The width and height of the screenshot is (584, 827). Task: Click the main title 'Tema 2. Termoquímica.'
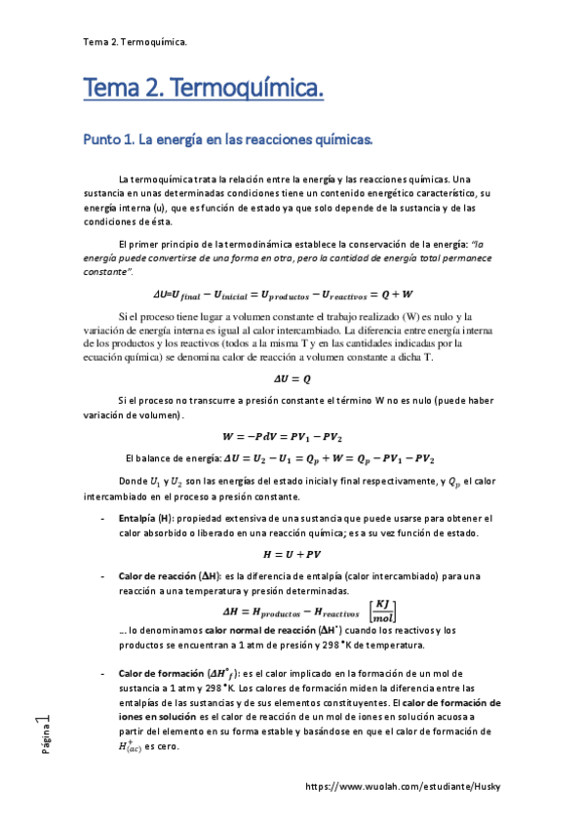click(x=203, y=91)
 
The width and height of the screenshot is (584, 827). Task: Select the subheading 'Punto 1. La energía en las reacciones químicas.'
click(x=228, y=140)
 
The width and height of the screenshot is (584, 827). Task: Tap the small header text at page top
click(x=136, y=42)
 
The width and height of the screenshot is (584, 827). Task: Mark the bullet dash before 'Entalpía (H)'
click(x=104, y=518)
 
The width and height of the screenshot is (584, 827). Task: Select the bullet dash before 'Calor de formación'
click(x=104, y=674)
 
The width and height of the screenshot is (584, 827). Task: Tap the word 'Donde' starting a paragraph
click(x=132, y=483)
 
